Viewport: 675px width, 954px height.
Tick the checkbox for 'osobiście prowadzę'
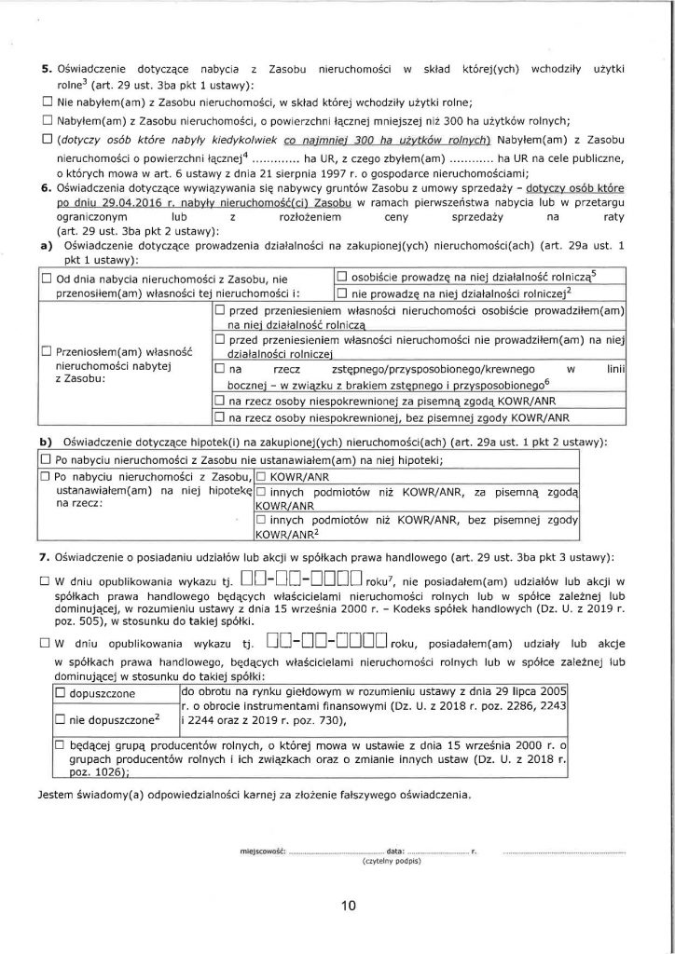click(341, 277)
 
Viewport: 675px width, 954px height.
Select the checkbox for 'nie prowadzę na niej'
click(341, 293)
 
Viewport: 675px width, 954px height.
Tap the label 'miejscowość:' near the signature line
click(263, 851)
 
